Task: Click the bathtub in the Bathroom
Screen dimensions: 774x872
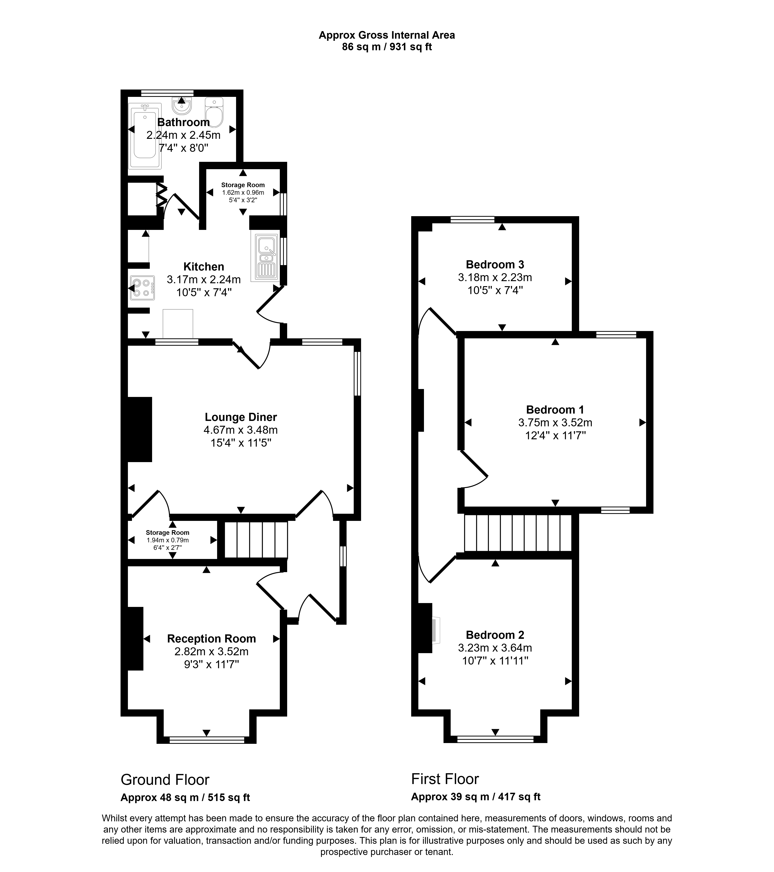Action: point(145,136)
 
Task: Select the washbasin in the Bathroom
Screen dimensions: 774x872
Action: point(182,106)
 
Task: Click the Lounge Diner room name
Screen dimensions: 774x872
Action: point(241,417)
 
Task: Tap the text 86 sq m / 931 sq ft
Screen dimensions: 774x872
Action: point(387,47)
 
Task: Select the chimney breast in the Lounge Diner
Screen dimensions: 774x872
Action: point(140,429)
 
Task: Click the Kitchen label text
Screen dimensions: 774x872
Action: point(204,267)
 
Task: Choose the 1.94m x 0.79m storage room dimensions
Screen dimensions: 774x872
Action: point(167,540)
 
